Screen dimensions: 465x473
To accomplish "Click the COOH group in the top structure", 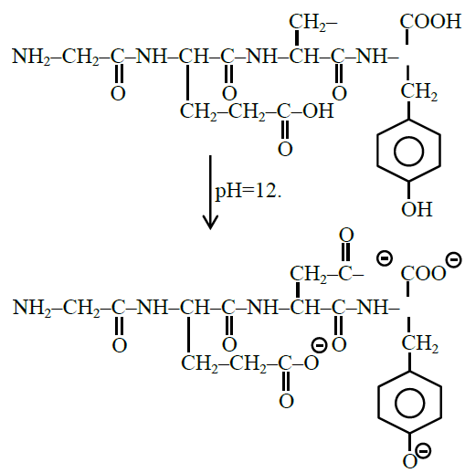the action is (430, 21).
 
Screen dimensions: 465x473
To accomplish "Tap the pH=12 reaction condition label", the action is (248, 192).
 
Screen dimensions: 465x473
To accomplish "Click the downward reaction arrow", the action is (210, 193).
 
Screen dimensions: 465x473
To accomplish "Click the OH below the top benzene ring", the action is (417, 209).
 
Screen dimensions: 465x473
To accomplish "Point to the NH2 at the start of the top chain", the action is (31, 57).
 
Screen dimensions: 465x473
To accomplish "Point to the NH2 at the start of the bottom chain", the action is (32, 308).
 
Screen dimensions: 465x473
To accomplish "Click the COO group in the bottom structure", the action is (423, 273).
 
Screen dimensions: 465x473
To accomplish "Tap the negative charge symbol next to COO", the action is (453, 260).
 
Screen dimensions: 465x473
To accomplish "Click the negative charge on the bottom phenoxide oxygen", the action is (423, 450).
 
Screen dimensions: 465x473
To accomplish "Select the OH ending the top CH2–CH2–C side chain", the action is (319, 110).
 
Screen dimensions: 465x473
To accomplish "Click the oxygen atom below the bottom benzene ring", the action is (409, 461).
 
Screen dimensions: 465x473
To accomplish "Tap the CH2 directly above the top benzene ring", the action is (419, 91).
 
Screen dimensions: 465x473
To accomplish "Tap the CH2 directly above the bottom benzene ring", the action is (420, 343).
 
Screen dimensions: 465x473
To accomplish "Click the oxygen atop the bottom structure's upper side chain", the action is (346, 235).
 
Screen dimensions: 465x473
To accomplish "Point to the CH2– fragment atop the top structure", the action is (313, 23).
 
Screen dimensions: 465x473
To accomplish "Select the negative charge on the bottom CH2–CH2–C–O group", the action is (319, 345).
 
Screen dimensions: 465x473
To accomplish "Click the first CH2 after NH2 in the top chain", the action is (80, 57).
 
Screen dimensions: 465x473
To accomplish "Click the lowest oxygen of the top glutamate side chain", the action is (285, 149).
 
